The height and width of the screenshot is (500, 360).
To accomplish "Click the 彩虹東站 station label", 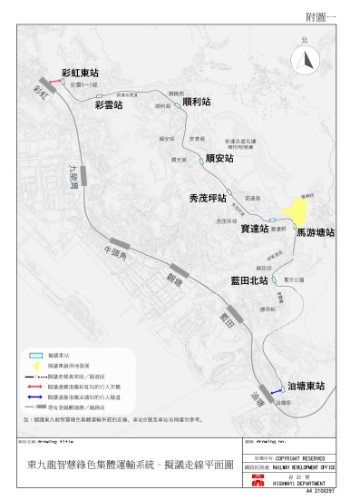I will [80, 71].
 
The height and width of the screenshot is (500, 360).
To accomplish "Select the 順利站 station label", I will [196, 103].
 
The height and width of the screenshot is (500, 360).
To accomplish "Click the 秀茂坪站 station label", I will [207, 197].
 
